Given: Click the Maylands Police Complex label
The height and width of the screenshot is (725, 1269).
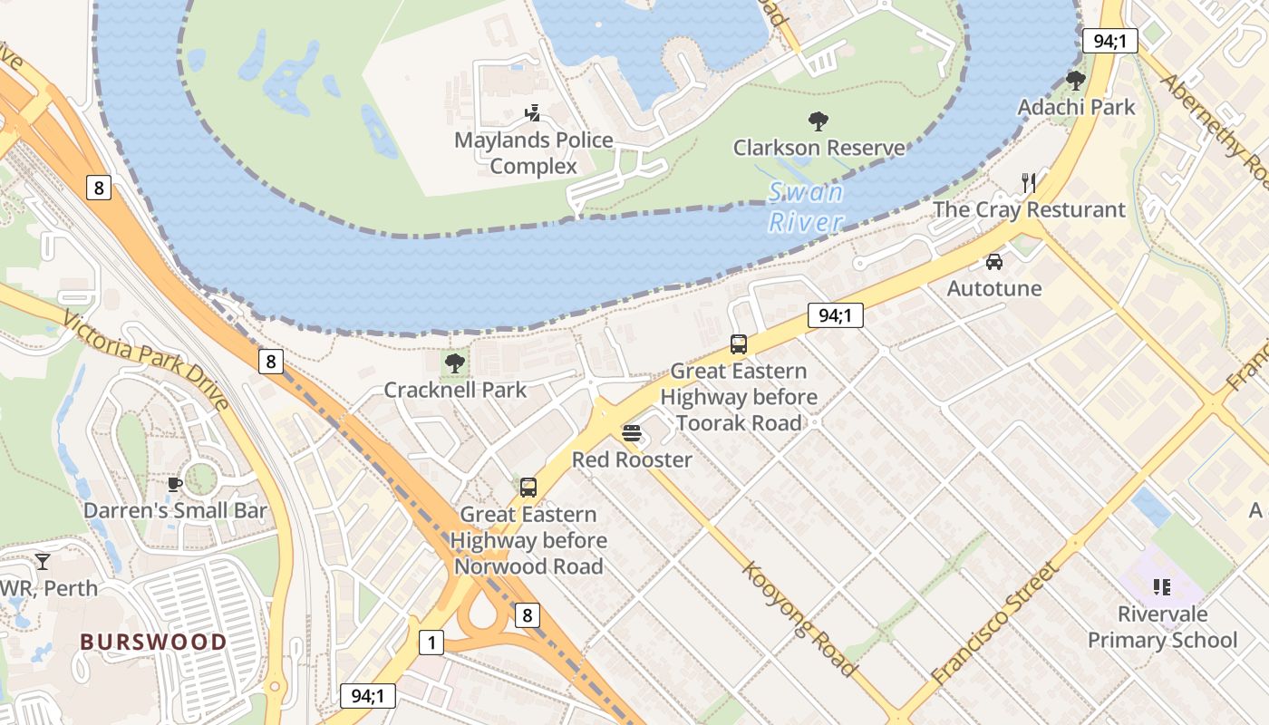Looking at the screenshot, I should coord(533,153).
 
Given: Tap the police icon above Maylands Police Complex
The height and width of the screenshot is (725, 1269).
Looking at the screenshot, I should coord(533,113).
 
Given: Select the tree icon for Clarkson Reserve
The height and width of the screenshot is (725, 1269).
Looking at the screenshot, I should coord(819,121).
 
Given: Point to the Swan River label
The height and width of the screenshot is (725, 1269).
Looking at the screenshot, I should coord(806,207).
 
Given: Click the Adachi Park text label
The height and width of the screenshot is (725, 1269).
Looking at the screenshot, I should coord(1076,107).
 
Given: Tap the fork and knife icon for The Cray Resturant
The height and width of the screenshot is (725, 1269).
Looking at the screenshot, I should coord(1029,183).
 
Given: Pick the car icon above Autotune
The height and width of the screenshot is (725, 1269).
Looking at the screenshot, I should coord(994,262).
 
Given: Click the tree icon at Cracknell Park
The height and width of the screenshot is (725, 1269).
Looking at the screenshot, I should coord(455,363).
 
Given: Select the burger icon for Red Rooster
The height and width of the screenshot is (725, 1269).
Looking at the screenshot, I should coord(632,433).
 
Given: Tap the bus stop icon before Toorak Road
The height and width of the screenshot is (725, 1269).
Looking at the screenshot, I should coord(739,344).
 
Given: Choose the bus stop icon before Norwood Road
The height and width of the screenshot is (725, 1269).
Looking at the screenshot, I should coord(528,488).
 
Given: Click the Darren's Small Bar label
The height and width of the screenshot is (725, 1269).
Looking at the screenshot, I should coord(175,510).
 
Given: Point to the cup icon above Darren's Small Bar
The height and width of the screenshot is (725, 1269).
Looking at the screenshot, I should coord(175,484).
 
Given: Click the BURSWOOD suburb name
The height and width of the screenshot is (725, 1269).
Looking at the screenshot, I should coord(153,642).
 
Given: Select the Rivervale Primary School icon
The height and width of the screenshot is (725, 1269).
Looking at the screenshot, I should coord(1162,587).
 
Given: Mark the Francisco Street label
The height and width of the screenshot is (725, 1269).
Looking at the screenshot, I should coord(994,623).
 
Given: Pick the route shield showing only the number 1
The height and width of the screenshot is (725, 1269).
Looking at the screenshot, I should coord(431,643).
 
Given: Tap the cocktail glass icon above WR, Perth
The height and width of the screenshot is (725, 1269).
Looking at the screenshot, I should coord(42,562).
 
